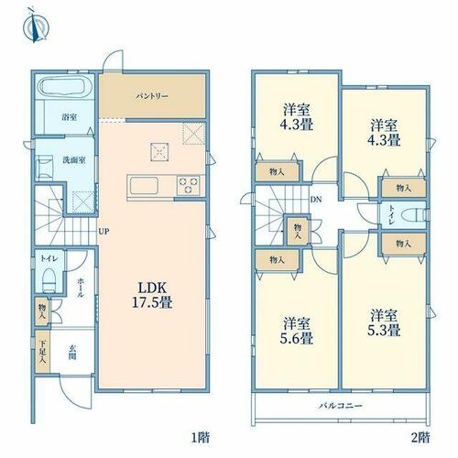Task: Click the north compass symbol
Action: (x=36, y=27)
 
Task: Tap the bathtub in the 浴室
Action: (x=63, y=86)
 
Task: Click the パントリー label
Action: (x=152, y=96)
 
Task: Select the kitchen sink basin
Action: (x=144, y=186)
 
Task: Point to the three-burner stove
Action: (x=189, y=185)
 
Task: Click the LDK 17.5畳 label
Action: (x=152, y=295)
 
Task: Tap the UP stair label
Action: (x=104, y=232)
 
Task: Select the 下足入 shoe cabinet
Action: (x=42, y=352)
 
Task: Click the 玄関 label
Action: (x=72, y=352)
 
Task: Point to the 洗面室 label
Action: (x=74, y=160)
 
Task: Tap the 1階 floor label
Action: (x=201, y=438)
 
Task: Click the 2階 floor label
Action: (x=420, y=438)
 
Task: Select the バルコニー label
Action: (x=341, y=406)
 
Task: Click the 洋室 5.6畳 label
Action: (x=297, y=331)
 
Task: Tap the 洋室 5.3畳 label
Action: (x=384, y=322)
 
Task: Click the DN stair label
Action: (x=316, y=200)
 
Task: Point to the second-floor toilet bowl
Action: (x=414, y=214)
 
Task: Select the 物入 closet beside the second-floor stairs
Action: (x=298, y=231)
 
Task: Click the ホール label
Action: (x=81, y=288)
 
